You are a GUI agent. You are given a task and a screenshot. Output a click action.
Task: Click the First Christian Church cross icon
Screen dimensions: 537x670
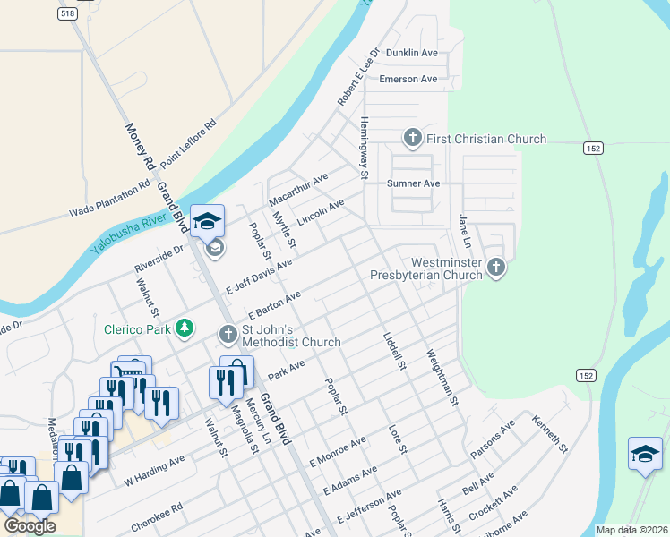tap(412, 139)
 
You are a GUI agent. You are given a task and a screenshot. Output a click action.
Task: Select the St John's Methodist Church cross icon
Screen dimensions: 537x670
tap(228, 335)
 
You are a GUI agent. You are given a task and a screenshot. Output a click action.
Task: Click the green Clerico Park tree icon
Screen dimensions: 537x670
tap(184, 328)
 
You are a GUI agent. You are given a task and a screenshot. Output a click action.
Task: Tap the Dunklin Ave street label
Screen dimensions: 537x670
tap(411, 53)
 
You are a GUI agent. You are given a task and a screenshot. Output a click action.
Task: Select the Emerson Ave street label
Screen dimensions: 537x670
tap(408, 79)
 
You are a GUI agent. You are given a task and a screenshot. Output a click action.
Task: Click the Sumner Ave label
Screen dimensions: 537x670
tap(413, 183)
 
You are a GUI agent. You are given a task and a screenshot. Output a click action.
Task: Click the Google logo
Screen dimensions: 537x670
tap(30, 525)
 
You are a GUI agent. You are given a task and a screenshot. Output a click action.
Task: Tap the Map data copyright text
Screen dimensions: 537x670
tap(632, 530)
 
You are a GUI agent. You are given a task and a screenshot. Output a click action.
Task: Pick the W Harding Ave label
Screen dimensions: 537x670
tap(154, 470)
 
